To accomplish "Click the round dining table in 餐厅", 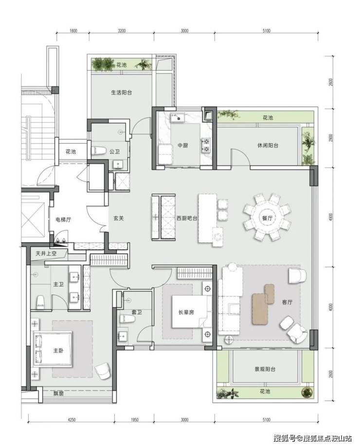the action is pyautogui.click(x=268, y=218).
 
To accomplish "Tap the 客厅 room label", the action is pyautogui.click(x=287, y=302).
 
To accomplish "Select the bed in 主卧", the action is pyautogui.click(x=53, y=349).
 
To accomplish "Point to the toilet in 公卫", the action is pyautogui.click(x=98, y=151).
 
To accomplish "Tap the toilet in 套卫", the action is pyautogui.click(x=127, y=319).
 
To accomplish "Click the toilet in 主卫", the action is pyautogui.click(x=41, y=302).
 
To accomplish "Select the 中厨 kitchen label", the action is pyautogui.click(x=183, y=146).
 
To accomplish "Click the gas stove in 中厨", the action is pyautogui.click(x=206, y=145).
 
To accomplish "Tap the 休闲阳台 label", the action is pyautogui.click(x=268, y=146).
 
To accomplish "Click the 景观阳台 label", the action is pyautogui.click(x=265, y=369).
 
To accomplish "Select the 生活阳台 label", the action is pyautogui.click(x=121, y=93).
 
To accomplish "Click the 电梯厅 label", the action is pyautogui.click(x=63, y=219).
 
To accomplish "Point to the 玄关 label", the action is pyautogui.click(x=119, y=218).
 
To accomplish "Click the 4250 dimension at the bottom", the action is pyautogui.click(x=72, y=420).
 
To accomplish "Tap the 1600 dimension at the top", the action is pyautogui.click(x=73, y=31).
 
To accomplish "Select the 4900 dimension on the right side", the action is pyautogui.click(x=330, y=217).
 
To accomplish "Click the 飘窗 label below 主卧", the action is pyautogui.click(x=58, y=394).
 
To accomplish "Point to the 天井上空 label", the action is pyautogui.click(x=46, y=253).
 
